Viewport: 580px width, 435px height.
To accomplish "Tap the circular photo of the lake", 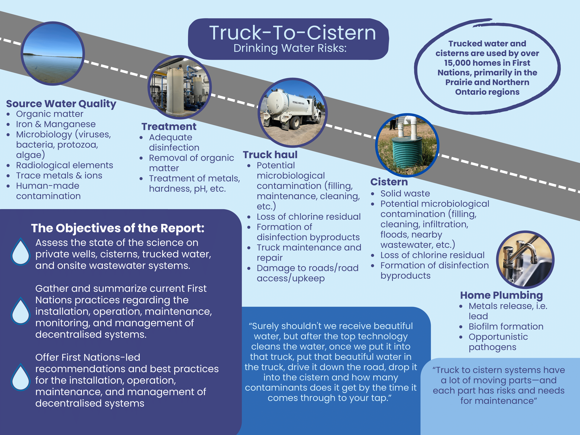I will coord(53,54).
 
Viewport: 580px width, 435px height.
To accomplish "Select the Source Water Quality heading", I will coord(61,103).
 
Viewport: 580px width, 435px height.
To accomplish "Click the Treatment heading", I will coord(169,127).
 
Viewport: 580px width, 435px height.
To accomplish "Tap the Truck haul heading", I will coord(270,155).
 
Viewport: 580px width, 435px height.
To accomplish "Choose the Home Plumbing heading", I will coord(501,295).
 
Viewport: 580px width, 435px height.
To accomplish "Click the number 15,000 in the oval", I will coord(455,63).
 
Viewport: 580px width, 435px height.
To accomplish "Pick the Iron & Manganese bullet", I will coord(56,124).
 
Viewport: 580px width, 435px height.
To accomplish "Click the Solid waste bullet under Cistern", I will coord(405,193).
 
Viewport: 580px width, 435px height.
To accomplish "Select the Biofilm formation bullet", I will coord(506,326).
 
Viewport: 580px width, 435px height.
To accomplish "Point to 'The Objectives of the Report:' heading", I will coord(118,228).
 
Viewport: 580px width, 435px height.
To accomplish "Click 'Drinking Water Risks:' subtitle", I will coord(290,48).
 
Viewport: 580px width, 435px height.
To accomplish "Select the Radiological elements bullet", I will coord(64,165).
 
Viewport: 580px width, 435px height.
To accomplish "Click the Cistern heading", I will coord(389,182).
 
